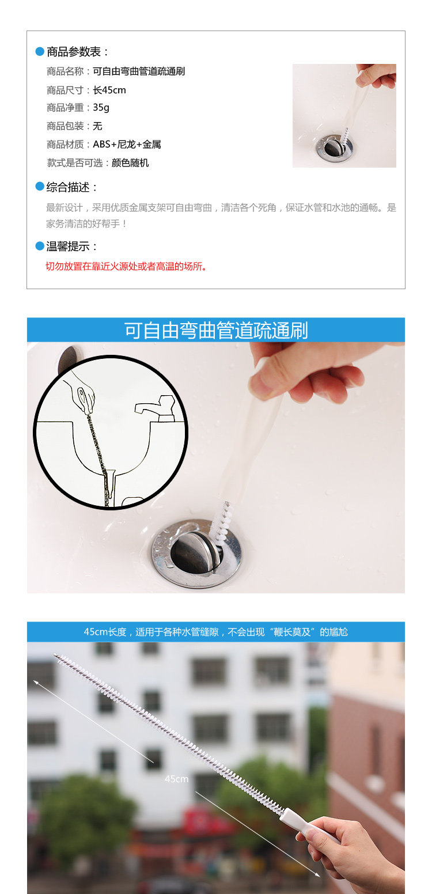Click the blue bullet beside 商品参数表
40,51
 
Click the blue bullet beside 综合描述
40,187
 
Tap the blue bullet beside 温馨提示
40,246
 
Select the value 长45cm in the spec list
109,90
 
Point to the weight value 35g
101,108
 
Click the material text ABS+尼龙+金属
127,145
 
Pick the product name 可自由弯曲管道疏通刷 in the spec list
139,71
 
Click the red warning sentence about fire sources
126,266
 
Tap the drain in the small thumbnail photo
335,146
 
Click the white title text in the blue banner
216,330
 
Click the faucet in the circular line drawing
156,408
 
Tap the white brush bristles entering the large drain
221,521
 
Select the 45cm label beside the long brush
176,779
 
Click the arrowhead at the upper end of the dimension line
36,682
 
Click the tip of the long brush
54,654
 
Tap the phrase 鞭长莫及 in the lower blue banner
292,632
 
